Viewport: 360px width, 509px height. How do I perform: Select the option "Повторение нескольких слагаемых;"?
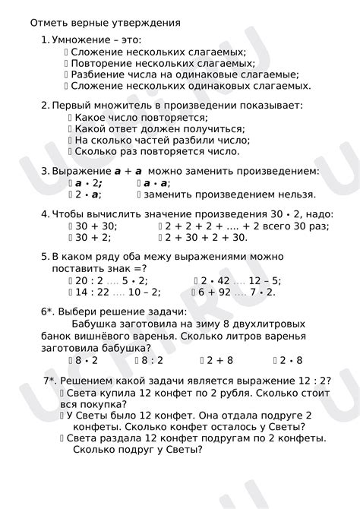[x=163, y=63]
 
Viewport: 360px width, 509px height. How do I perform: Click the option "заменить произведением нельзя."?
[x=231, y=195]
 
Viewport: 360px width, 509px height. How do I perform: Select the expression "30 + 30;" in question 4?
[x=95, y=226]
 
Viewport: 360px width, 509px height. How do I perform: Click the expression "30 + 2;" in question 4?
[x=91, y=238]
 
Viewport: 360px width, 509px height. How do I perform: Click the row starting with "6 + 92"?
[x=236, y=292]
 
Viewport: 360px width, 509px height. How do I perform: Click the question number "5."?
[x=45, y=258]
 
